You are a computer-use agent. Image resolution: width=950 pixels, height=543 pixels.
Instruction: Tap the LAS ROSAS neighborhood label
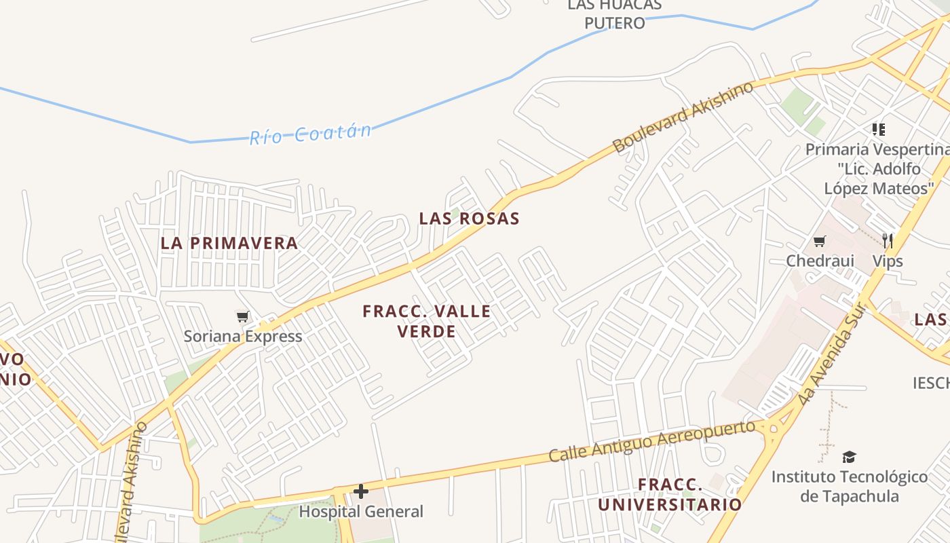click(469, 219)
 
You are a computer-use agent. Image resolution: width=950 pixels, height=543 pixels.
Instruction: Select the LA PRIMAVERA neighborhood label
click(229, 243)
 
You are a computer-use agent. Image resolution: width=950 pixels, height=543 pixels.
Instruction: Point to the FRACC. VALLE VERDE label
click(426, 321)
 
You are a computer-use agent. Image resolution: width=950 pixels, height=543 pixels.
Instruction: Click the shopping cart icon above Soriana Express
click(242, 316)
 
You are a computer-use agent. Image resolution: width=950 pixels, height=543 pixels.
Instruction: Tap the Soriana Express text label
click(243, 336)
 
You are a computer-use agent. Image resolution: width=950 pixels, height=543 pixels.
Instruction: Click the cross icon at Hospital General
click(361, 491)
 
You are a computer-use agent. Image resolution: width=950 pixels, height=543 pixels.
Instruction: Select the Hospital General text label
click(361, 511)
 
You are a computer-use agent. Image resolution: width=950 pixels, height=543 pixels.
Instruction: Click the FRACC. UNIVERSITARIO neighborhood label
click(670, 495)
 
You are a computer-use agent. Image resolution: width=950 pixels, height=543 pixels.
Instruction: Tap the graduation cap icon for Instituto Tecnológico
click(849, 457)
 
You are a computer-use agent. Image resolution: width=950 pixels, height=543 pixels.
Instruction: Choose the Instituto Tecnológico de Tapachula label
click(849, 486)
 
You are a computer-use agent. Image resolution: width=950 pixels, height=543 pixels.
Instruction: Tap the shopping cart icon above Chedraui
click(820, 241)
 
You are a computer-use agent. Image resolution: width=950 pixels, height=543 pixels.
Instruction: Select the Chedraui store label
click(820, 261)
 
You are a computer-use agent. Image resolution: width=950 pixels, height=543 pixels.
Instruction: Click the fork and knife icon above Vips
click(887, 240)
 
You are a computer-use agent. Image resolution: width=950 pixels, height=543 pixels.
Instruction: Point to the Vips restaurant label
click(887, 261)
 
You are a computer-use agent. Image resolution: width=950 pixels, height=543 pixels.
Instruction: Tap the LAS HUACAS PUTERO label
click(614, 14)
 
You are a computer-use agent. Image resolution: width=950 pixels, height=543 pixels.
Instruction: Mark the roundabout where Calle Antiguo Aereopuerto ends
click(772, 428)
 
